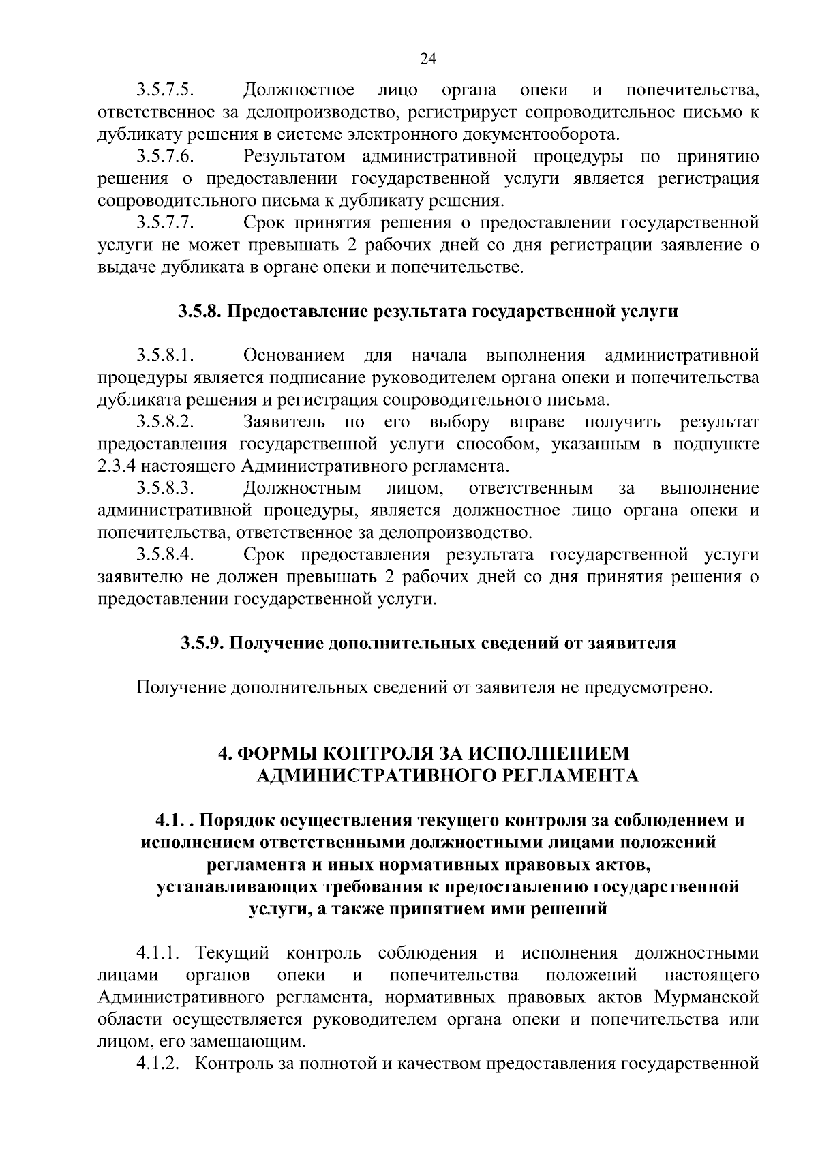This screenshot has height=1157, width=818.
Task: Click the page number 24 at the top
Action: point(428,59)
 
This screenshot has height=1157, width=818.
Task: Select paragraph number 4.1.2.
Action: point(157,1064)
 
